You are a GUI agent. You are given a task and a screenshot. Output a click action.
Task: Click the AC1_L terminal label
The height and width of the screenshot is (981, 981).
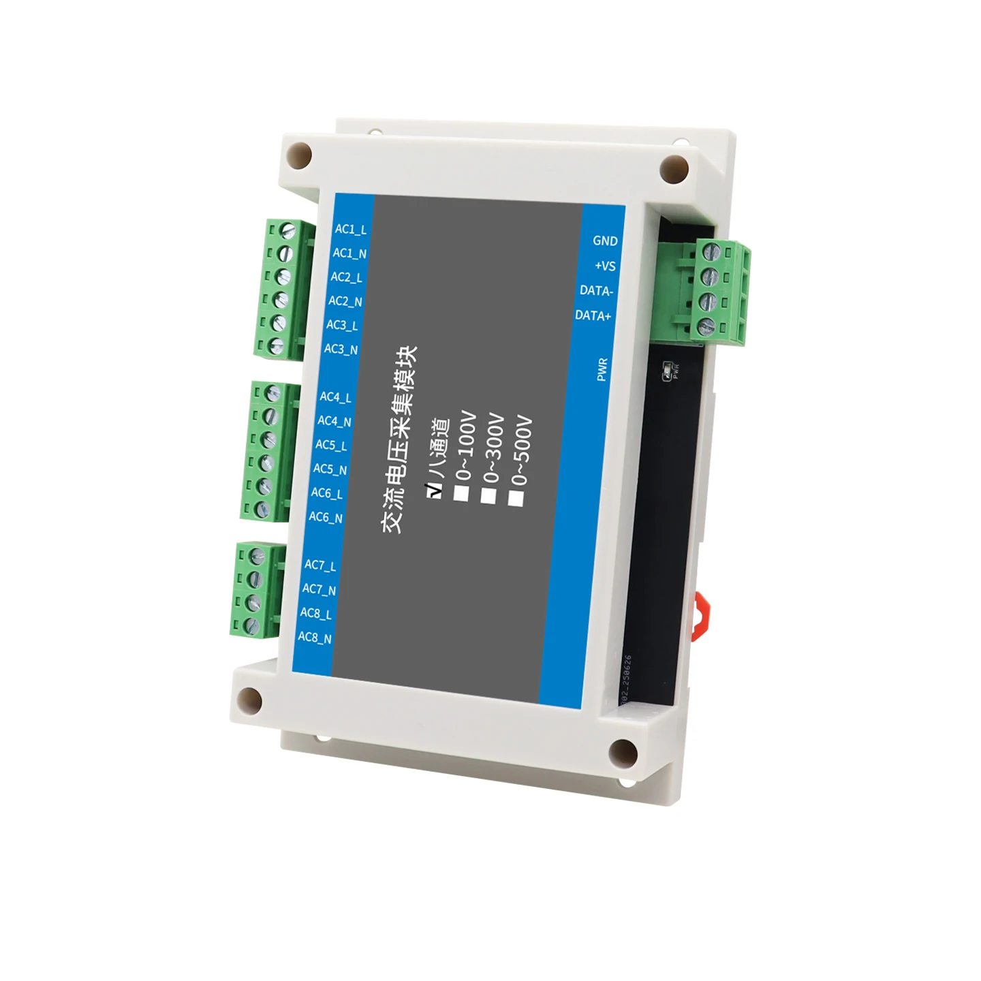coord(350,230)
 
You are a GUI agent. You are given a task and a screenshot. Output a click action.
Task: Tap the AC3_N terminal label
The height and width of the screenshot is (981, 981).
coord(341,349)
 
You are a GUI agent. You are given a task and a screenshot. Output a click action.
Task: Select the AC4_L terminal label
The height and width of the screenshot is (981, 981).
coord(335,396)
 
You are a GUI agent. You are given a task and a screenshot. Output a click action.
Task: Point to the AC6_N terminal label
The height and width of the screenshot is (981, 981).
coord(326,517)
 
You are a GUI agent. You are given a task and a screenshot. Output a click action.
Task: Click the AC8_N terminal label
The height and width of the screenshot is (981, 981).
coord(315,638)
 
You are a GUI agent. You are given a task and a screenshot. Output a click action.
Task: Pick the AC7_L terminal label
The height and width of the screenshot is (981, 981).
coord(320,565)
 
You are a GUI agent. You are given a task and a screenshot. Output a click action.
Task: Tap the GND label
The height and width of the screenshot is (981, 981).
coord(605,240)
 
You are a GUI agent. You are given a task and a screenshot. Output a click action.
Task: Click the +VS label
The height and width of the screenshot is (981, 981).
coord(605,266)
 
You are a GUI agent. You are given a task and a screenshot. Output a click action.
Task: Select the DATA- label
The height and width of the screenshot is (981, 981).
coord(597,291)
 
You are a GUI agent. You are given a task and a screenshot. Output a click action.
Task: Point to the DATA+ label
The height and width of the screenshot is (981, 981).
coord(593,315)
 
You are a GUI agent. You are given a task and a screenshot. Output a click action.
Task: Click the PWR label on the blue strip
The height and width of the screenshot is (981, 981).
coord(602,369)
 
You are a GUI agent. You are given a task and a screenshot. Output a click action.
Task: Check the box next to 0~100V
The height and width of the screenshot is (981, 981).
coord(462,493)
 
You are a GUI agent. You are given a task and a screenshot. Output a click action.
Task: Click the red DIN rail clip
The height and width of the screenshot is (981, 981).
coord(700,615)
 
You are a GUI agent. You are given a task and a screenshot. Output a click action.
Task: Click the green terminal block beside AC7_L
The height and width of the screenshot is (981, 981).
coord(255,590)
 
